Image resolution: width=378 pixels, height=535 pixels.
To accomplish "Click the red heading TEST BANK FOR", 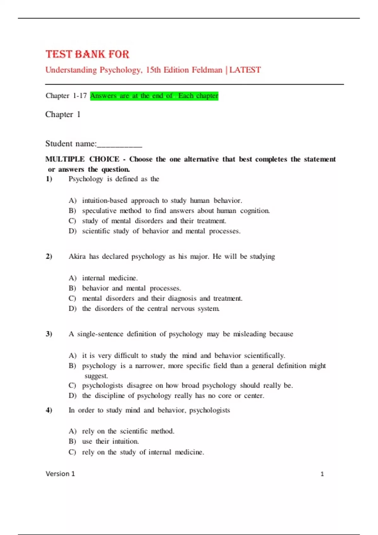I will pyautogui.click(x=87, y=54).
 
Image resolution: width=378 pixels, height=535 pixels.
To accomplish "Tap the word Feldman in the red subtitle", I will pyautogui.click(x=207, y=70).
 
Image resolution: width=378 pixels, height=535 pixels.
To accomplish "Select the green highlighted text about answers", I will pyautogui.click(x=154, y=96).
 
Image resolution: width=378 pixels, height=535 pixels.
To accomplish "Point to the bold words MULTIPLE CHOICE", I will pyautogui.click(x=82, y=159).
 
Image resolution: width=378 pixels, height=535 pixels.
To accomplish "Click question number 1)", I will pyautogui.click(x=49, y=179).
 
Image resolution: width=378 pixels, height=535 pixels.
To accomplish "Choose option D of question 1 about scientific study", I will pyautogui.click(x=161, y=231).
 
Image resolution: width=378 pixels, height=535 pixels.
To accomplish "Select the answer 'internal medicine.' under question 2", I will pyautogui.click(x=110, y=278).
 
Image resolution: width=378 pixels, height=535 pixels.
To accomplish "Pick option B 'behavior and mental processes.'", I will pyautogui.click(x=131, y=288).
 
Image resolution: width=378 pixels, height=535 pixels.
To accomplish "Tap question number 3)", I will pyautogui.click(x=49, y=334).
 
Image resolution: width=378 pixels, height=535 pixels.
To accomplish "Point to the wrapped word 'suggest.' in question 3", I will pyautogui.click(x=96, y=376).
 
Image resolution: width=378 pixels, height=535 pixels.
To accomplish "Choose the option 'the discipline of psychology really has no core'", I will pyautogui.click(x=173, y=396).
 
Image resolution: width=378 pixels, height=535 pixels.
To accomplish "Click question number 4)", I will pyautogui.click(x=49, y=410).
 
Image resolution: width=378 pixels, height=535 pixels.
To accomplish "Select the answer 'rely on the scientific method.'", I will pyautogui.click(x=128, y=431).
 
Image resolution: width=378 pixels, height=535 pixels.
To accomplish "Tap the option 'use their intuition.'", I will pyautogui.click(x=110, y=441).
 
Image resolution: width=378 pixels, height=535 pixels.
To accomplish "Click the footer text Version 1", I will pyautogui.click(x=60, y=474).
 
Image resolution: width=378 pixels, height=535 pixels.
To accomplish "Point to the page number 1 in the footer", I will pyautogui.click(x=322, y=474).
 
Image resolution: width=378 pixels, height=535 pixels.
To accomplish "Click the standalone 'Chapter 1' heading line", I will pyautogui.click(x=63, y=114).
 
